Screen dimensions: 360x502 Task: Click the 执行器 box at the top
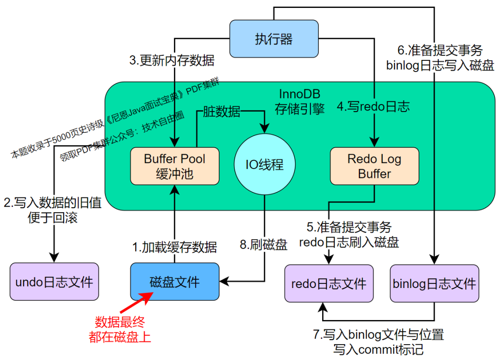point(274,39)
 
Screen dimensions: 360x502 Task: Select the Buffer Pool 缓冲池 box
point(174,166)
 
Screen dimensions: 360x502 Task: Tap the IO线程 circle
point(264,165)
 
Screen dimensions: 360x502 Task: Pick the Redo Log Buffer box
point(374,166)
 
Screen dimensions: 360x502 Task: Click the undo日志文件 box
point(54,281)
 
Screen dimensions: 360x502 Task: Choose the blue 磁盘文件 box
point(174,281)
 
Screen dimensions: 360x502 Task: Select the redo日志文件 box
point(329,283)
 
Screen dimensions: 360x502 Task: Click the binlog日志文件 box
point(434,283)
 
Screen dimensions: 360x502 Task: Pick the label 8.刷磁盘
point(264,245)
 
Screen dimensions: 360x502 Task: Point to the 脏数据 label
point(222,111)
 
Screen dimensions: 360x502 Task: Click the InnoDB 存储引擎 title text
point(300,102)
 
